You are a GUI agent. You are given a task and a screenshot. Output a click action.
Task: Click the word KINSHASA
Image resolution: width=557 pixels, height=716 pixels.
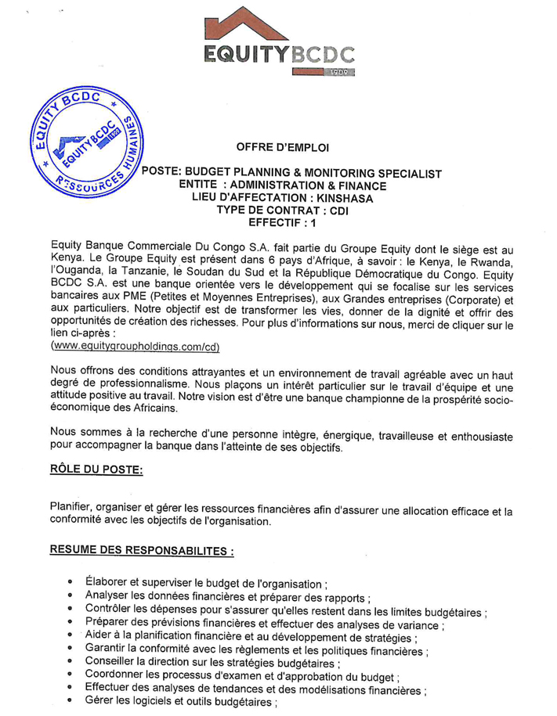pyautogui.click(x=345, y=199)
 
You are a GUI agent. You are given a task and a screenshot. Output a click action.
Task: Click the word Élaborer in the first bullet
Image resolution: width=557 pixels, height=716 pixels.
pyautogui.click(x=110, y=584)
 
